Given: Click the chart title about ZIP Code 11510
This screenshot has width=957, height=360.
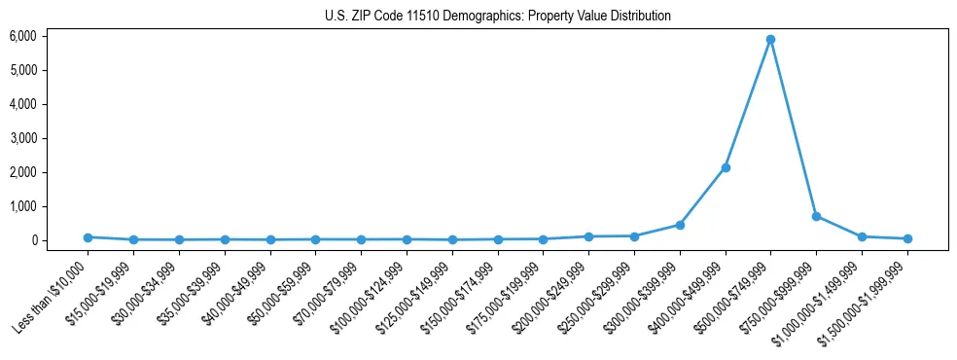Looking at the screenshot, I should [x=498, y=16].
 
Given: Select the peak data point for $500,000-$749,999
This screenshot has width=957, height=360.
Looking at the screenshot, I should [x=770, y=40].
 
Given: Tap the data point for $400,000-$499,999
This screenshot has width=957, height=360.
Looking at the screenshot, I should [x=725, y=167].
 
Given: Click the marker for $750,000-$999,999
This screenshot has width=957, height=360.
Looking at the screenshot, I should [x=816, y=216].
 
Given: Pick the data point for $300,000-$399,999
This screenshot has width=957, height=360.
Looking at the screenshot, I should [x=680, y=225].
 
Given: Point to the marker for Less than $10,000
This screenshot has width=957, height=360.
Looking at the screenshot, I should [x=88, y=237].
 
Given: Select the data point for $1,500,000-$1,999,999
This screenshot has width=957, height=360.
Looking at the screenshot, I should [x=907, y=238].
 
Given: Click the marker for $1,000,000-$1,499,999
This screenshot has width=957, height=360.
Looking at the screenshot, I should [x=862, y=236].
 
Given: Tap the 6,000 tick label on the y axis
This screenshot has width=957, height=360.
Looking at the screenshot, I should [x=22, y=36].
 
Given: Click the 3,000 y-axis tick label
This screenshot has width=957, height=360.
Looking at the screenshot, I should [x=22, y=138].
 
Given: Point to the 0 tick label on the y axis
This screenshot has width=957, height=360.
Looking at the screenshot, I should [x=33, y=240].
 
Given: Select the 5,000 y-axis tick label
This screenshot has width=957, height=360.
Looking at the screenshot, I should [x=22, y=70].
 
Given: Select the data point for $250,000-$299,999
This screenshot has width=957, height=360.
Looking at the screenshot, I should [x=634, y=235].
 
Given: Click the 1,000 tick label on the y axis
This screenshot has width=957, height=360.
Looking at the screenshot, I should [x=22, y=206].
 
